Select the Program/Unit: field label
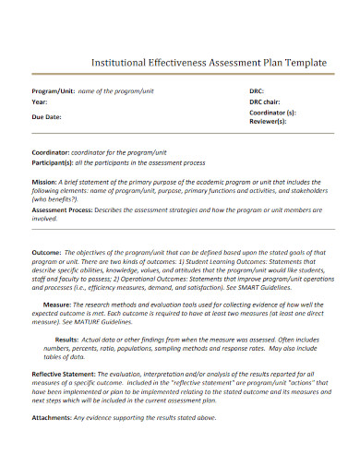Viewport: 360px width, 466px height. (x=54, y=91)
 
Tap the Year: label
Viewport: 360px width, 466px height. (x=40, y=102)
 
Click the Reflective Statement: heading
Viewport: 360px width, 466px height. (x=70, y=372)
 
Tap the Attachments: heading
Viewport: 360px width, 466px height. (x=54, y=418)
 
